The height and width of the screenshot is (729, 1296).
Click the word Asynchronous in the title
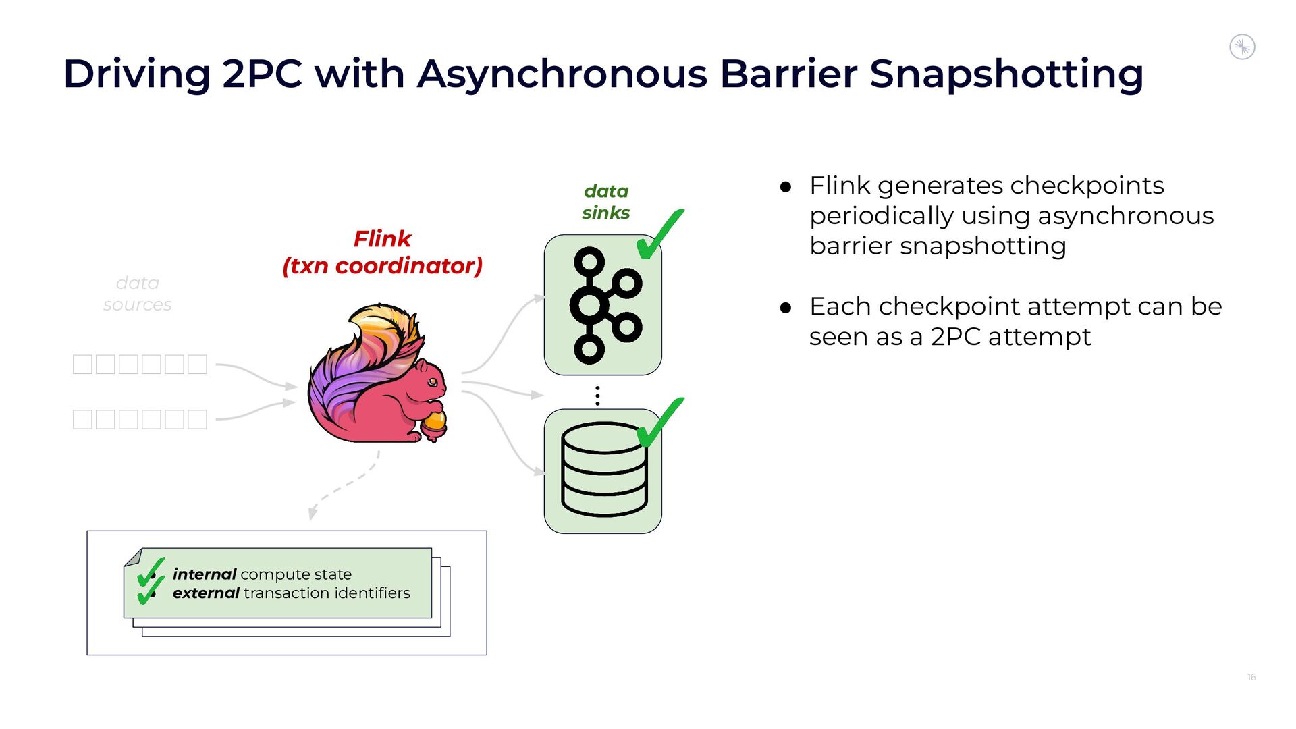click(x=562, y=74)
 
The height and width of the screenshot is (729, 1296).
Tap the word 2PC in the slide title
click(x=262, y=74)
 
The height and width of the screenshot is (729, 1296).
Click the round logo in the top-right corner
click(x=1242, y=47)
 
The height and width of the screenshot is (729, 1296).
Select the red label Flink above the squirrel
click(x=382, y=239)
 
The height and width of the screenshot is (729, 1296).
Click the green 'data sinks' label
click(x=605, y=202)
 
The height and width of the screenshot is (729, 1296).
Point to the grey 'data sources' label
click(x=137, y=294)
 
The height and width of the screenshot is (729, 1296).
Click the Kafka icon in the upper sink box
click(x=603, y=305)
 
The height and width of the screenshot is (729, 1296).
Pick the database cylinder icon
click(x=603, y=470)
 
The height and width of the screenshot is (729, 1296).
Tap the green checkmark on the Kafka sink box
click(x=659, y=234)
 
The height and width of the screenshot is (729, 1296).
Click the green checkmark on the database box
click(x=659, y=423)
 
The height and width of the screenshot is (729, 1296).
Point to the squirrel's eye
click(x=433, y=383)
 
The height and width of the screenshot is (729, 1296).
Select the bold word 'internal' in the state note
click(x=204, y=574)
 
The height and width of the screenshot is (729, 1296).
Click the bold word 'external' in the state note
click(x=206, y=593)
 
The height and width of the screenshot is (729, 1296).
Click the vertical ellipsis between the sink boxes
click(x=597, y=396)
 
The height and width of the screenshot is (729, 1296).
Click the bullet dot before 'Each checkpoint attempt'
click(x=785, y=308)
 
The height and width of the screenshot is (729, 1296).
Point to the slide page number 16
click(x=1251, y=677)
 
